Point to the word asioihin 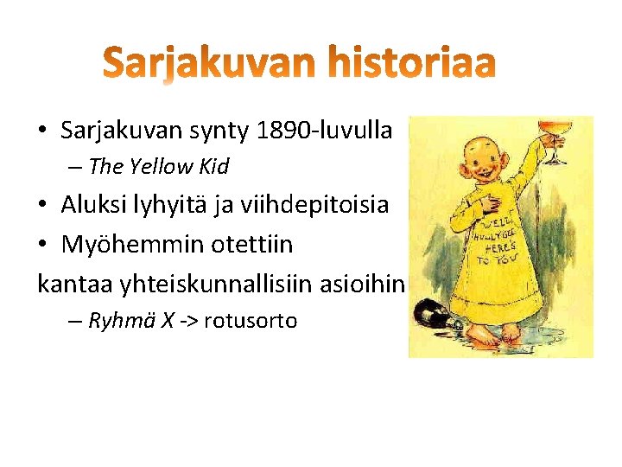click(x=364, y=284)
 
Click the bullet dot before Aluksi click(x=42, y=206)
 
